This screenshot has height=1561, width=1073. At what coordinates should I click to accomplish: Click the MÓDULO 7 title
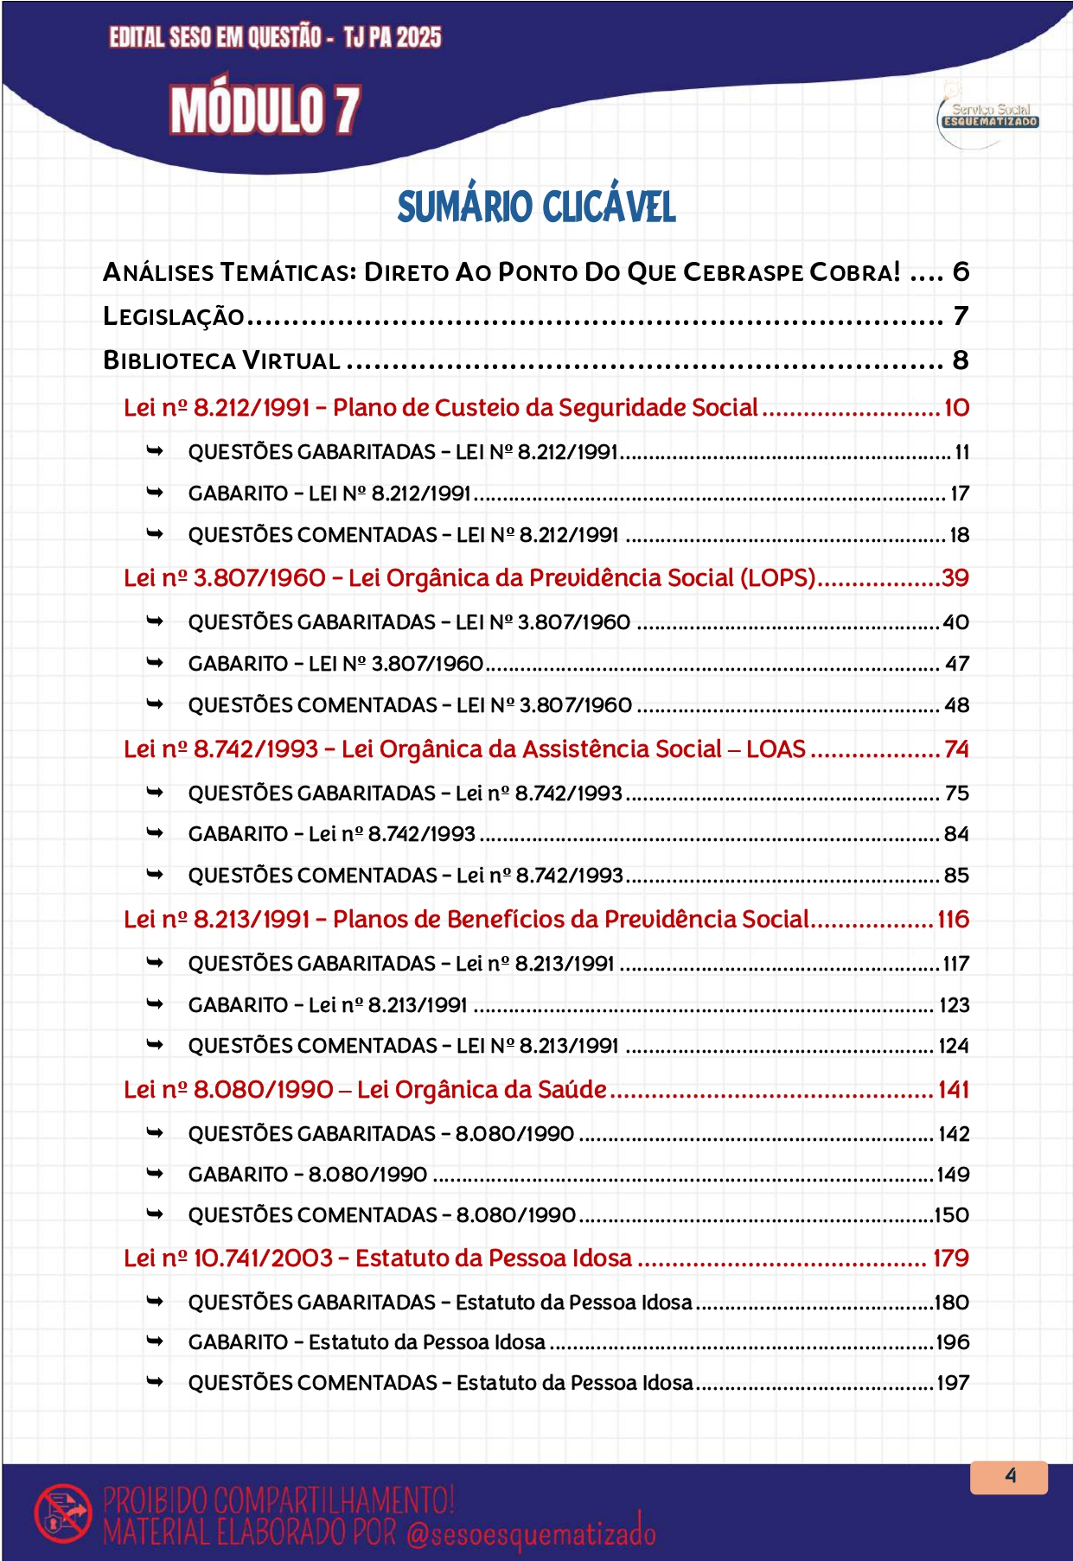265,111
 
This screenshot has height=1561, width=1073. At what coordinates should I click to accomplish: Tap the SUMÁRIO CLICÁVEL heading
536,207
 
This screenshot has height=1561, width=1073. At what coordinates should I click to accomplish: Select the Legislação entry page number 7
960,316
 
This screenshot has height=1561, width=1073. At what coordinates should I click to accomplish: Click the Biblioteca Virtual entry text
221,360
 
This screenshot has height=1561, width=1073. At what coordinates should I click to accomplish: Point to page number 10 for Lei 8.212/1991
956,408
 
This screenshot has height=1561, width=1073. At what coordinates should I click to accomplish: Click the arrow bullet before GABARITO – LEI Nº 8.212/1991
155,493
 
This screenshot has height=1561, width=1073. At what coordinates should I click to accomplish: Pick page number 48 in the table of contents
956,705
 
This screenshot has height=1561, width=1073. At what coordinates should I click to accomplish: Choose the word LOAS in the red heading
776,749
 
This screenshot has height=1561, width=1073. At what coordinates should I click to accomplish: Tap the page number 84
956,834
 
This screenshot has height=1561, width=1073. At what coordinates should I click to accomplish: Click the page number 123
954,1005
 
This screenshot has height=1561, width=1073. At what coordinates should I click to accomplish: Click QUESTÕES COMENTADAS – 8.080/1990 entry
381,1215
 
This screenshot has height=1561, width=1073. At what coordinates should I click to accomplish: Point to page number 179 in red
950,1258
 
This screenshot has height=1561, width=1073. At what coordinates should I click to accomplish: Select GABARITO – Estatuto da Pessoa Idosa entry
367,1342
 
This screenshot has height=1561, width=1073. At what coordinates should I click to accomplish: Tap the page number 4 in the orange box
1010,1476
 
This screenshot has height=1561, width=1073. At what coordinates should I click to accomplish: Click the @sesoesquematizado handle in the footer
530,1533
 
